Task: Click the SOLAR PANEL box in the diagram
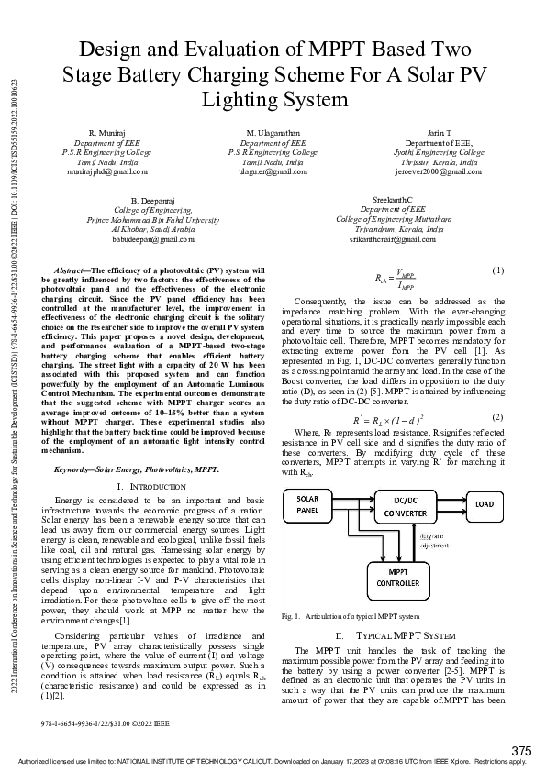click(312, 505)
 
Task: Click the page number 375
click(521, 751)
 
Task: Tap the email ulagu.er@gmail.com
click(273, 171)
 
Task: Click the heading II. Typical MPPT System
click(394, 634)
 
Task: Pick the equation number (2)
click(498, 417)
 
